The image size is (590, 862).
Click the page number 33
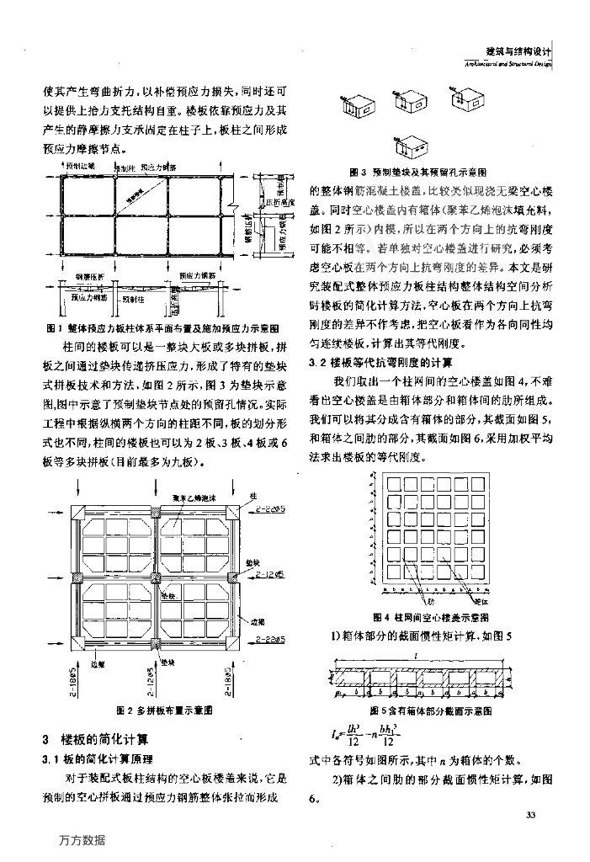coord(530,815)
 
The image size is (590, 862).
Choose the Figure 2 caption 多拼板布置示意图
coord(173,710)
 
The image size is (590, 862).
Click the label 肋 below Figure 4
coord(429,603)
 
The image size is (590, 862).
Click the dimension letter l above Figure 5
coord(429,652)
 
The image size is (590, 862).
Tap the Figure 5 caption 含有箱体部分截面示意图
coord(443,711)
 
